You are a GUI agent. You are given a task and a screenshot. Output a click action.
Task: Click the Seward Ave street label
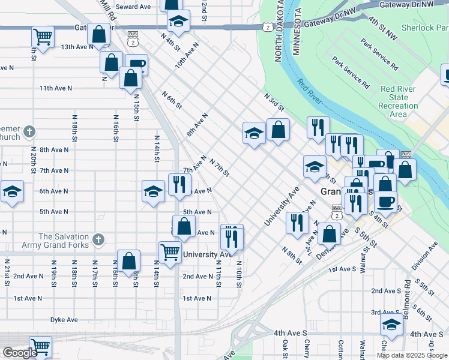[133, 7]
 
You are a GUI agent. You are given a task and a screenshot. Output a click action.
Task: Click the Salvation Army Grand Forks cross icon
[98, 241]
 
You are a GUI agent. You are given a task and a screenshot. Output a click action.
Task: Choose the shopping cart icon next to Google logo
[41, 346]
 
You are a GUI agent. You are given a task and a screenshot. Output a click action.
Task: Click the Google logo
[20, 353]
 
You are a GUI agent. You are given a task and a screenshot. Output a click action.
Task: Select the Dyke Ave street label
[64, 320]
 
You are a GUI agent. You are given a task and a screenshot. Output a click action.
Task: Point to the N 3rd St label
[273, 101]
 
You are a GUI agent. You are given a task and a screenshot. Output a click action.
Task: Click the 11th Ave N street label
[56, 88]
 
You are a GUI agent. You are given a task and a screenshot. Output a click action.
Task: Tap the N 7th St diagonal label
[220, 168]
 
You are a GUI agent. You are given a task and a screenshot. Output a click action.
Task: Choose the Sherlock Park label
[426, 28]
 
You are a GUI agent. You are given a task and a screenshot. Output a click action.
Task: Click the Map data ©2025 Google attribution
[411, 355]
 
